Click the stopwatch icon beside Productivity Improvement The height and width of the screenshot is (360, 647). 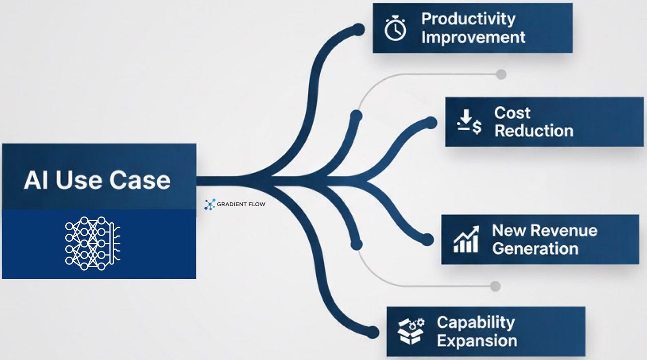click(395, 29)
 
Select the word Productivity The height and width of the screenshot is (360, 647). click(468, 19)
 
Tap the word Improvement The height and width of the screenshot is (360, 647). click(473, 37)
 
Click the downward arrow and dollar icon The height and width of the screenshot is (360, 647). click(469, 123)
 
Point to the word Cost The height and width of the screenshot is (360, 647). click(512, 113)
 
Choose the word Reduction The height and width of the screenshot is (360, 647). click(534, 131)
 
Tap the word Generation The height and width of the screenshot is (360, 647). click(535, 248)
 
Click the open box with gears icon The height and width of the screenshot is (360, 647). click(411, 331)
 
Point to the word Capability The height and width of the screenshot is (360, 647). click(475, 322)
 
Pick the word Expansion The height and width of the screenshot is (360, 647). click(477, 341)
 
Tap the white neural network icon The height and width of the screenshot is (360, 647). click(92, 243)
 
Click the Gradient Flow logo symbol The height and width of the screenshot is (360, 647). click(209, 204)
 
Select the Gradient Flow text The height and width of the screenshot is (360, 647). click(241, 205)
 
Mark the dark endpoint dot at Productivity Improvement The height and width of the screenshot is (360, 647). click(358, 30)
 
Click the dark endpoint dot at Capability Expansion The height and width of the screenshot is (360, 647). click(372, 332)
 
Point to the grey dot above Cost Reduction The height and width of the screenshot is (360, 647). click(501, 74)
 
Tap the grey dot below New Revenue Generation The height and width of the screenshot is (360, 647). click(495, 286)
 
